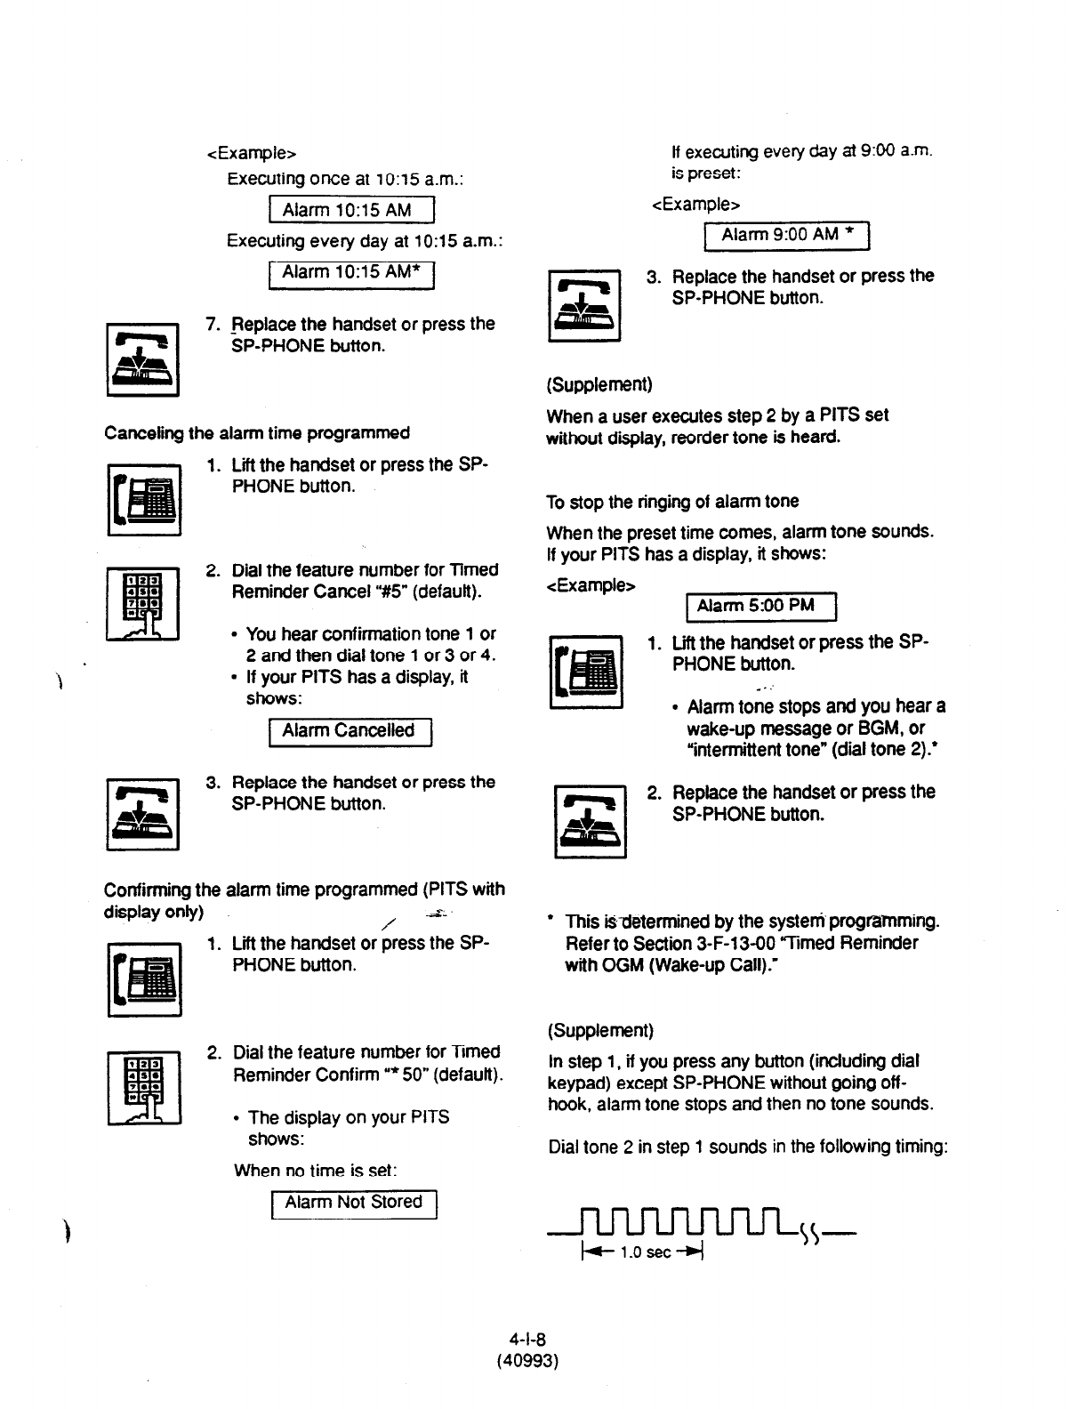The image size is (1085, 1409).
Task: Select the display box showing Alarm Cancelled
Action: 349,731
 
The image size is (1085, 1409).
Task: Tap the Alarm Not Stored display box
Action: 353,1203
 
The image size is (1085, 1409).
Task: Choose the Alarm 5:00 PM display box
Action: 761,606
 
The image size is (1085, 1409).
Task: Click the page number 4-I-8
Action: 527,1339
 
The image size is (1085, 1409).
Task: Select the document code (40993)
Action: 527,1360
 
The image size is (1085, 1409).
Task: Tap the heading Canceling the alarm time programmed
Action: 257,433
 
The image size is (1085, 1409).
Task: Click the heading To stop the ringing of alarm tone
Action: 672,502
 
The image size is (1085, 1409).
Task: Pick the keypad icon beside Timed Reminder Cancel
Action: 143,604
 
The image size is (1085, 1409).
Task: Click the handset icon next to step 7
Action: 143,359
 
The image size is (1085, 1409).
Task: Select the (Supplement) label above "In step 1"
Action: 600,1030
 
